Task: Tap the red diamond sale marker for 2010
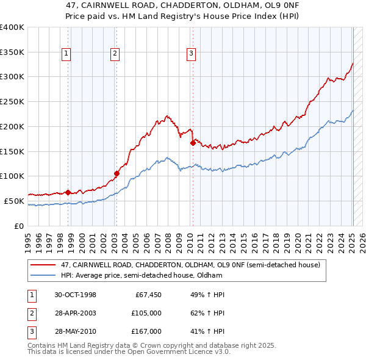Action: (193, 143)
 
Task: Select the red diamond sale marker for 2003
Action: (117, 173)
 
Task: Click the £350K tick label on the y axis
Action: (12, 52)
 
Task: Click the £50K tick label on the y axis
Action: (14, 201)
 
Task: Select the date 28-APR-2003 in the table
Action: (75, 313)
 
